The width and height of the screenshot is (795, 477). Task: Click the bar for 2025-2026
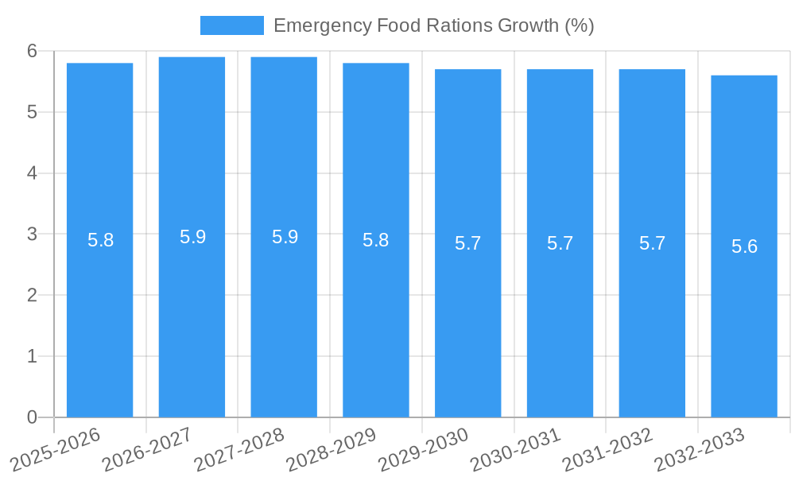coord(99,318)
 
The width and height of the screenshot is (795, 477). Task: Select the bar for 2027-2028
coord(284,318)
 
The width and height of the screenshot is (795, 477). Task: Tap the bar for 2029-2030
coord(467,318)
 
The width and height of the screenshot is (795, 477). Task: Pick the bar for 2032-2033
coord(744,318)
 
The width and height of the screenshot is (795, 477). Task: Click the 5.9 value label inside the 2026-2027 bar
coord(192,237)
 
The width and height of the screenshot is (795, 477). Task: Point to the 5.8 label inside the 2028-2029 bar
coord(375,240)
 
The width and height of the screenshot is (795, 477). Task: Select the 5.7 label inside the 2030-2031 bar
coord(560,243)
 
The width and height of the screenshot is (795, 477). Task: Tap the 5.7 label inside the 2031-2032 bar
coord(652,243)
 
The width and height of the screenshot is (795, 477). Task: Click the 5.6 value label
coord(744,246)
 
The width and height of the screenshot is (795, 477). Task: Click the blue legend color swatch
coord(231,25)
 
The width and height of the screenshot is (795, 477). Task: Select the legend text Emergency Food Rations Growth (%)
coord(433,25)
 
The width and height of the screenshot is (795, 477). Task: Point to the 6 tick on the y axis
coord(32,51)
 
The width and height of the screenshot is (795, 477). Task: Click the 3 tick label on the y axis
coord(32,235)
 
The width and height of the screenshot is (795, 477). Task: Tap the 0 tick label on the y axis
coord(32,417)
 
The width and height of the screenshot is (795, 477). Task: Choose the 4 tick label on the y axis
coord(32,173)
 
